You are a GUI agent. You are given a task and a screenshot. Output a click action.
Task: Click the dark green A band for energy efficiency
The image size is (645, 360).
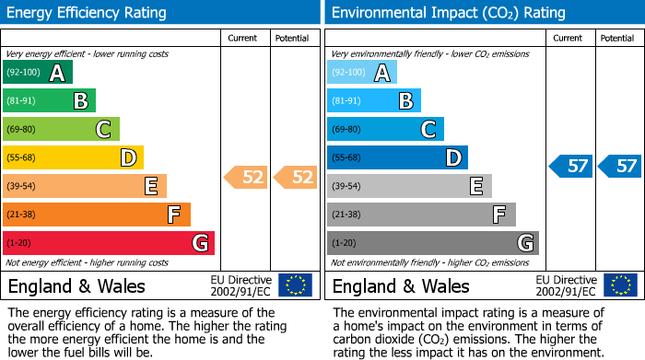37,73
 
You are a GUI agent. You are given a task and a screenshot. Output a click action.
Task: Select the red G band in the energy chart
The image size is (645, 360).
109,243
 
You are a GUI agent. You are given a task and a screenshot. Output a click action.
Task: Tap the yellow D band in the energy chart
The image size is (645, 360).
73,158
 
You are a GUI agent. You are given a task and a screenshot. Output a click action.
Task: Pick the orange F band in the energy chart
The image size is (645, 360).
97,215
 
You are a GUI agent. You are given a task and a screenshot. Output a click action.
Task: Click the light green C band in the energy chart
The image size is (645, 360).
61,130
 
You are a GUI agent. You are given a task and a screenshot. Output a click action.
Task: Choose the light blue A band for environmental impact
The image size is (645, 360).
362,73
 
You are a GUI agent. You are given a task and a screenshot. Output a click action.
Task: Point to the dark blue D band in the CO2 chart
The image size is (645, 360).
397,158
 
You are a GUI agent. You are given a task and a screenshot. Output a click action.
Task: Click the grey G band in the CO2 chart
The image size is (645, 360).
432,243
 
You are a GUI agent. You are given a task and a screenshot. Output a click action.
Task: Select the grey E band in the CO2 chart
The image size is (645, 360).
409,187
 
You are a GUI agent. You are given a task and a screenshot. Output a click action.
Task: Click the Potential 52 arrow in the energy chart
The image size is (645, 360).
295,177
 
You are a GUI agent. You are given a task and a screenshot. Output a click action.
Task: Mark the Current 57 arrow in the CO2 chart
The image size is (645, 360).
570,166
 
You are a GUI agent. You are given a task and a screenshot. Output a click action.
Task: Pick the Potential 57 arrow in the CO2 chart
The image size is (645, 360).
619,166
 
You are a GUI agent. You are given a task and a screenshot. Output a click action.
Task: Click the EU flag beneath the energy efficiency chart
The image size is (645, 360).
295,285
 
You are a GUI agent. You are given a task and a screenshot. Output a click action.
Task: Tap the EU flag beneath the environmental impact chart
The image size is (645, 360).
620,285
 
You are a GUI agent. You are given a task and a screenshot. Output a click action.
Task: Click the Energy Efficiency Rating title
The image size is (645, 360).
87,13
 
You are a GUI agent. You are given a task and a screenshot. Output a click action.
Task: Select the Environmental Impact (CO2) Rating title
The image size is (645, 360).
448,13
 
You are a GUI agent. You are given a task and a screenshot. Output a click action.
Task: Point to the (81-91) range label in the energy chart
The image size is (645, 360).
24,101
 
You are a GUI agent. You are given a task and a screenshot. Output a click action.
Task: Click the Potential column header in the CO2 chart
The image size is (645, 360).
617,38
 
